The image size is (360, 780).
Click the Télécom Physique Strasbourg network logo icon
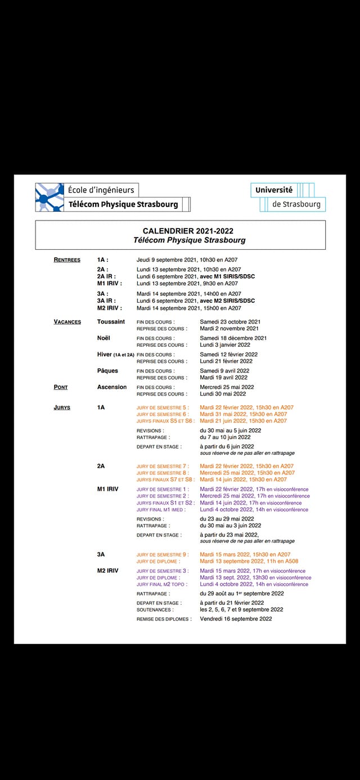pos(49,197)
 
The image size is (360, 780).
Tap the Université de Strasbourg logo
pos(287,197)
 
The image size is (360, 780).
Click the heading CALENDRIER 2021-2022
pos(188,231)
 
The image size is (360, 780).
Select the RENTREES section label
pos(67,260)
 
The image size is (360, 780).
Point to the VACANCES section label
pos(67,322)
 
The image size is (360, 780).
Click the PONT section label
pos(61,387)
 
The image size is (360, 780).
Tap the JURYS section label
pos(62,407)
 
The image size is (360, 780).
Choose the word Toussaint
pos(111,322)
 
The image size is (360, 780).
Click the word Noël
pos(103,338)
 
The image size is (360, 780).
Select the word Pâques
pos(107,371)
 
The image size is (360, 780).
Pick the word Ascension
pos(112,387)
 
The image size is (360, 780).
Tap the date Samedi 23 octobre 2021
pos(229,322)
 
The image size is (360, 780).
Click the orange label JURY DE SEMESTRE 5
pos(163,407)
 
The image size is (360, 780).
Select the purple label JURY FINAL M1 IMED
pos(160,510)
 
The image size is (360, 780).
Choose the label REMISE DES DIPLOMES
pos(164,619)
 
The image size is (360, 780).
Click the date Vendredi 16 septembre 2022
pos(236,619)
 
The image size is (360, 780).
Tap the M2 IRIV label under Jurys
pos(107,571)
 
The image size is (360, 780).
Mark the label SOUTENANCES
pos(155,609)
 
